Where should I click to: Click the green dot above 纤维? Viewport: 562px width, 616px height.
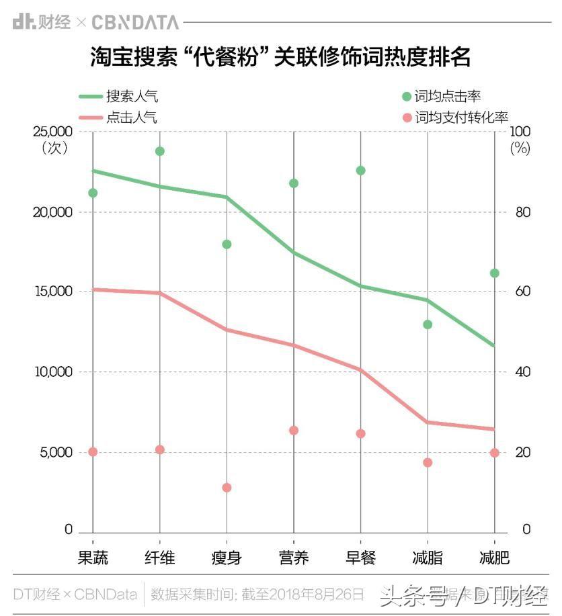pyautogui.click(x=160, y=151)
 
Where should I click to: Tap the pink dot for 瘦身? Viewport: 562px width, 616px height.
pyautogui.click(x=227, y=488)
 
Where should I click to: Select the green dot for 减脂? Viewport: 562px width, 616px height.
pyautogui.click(x=428, y=324)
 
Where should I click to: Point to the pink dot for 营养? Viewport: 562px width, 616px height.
pyautogui.click(x=294, y=431)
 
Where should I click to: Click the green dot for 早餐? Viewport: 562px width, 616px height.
pyautogui.click(x=361, y=171)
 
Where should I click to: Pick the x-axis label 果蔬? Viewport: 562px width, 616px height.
pyautogui.click(x=93, y=558)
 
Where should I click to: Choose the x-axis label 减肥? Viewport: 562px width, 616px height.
pyautogui.click(x=495, y=558)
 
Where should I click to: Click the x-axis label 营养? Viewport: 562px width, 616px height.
pyautogui.click(x=294, y=558)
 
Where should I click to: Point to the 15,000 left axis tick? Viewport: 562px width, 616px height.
pyautogui.click(x=52, y=292)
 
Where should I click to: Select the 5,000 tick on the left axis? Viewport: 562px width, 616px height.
pyautogui.click(x=55, y=452)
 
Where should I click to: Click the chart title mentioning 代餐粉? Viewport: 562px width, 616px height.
pyautogui.click(x=281, y=57)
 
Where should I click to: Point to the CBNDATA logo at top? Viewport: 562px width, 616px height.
pyautogui.click(x=135, y=22)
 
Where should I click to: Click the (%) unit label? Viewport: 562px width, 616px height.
pyautogui.click(x=520, y=148)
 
